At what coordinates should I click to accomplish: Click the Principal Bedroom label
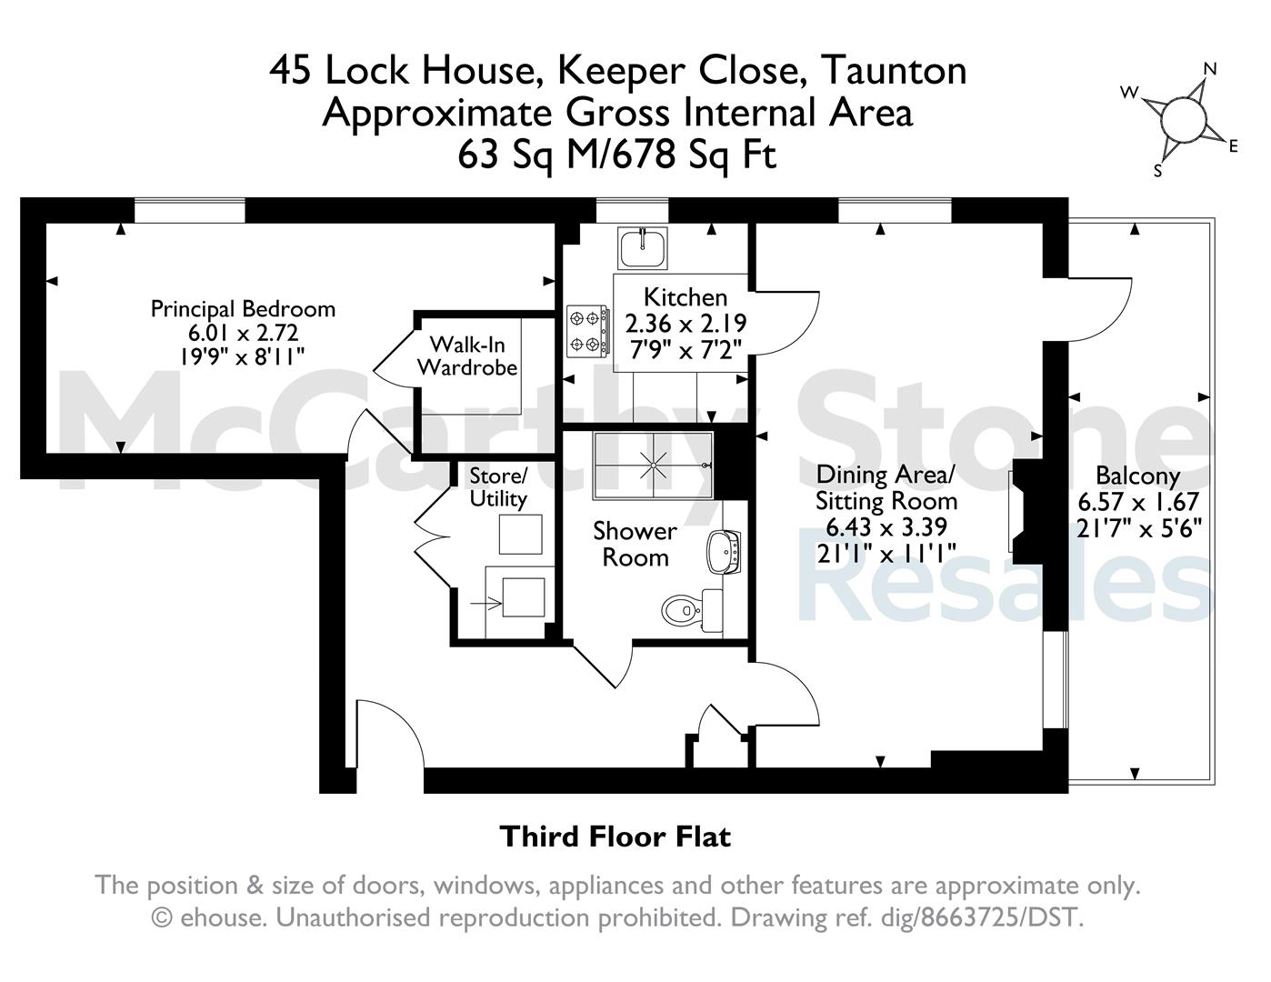[244, 309]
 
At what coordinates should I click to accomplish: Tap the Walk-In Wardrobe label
[467, 356]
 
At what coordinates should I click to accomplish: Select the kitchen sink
[643, 248]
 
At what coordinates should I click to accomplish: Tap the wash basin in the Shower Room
[724, 552]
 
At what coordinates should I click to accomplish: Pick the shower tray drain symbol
[653, 466]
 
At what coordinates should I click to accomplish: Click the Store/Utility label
[498, 487]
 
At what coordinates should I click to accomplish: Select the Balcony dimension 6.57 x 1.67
[1138, 502]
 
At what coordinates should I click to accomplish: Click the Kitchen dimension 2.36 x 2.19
[686, 323]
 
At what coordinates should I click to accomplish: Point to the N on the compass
[1210, 70]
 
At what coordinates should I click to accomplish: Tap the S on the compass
[1157, 171]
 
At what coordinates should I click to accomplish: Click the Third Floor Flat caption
[615, 837]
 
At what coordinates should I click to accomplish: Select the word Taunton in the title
[894, 71]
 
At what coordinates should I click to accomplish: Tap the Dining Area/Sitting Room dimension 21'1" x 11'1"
[886, 553]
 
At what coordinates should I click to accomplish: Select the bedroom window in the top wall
[189, 211]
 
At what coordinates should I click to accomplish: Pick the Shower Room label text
[635, 544]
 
